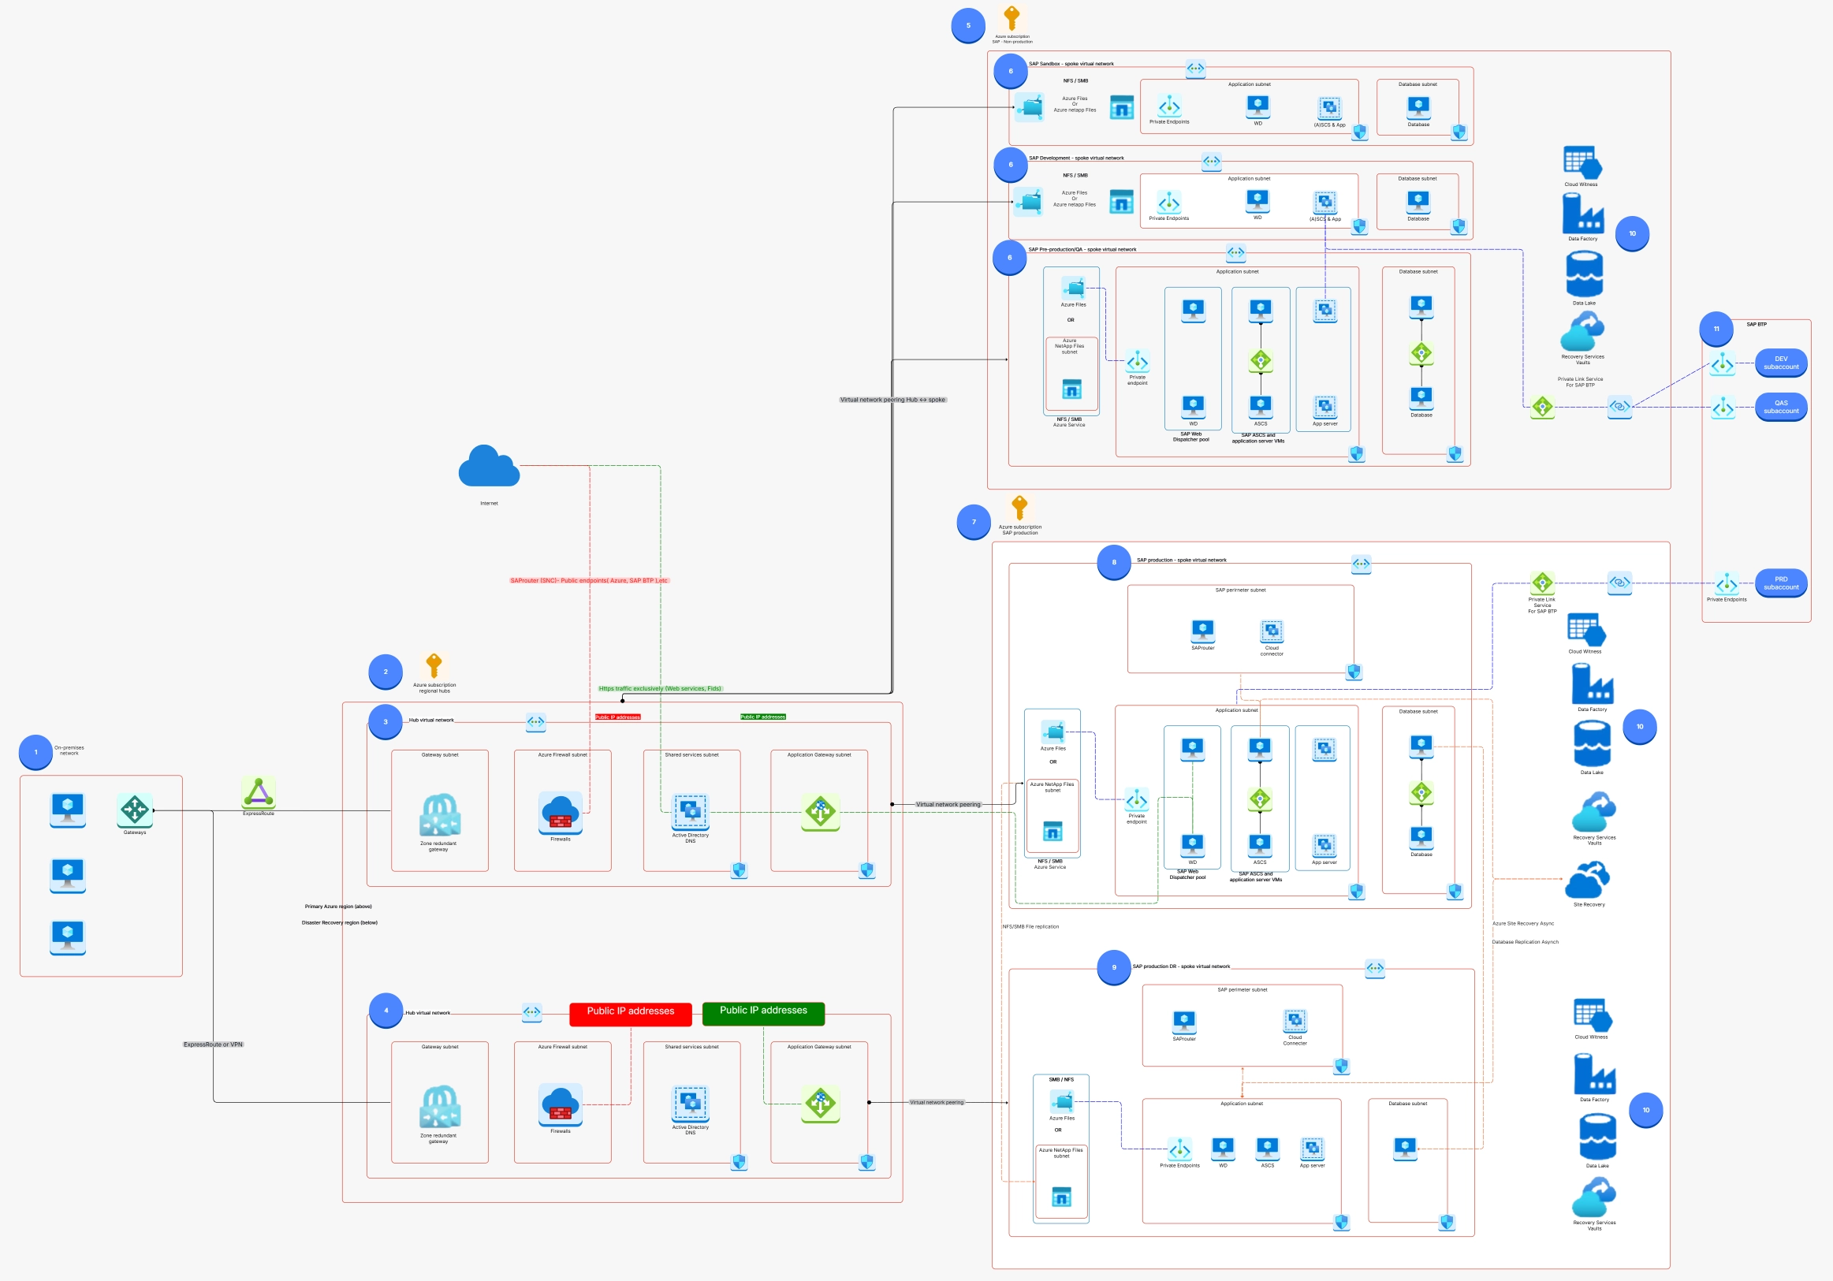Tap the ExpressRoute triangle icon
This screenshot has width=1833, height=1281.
click(259, 792)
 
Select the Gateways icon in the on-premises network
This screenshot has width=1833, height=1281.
click(134, 810)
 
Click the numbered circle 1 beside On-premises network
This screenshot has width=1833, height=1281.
click(36, 752)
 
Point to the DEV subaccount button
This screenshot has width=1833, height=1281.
click(1780, 363)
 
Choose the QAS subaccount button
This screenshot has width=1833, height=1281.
click(1780, 407)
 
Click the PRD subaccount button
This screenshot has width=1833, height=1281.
click(1780, 583)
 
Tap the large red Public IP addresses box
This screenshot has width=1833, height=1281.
click(630, 1011)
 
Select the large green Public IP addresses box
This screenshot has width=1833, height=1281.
click(762, 1011)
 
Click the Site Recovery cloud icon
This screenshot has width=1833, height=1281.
click(1588, 880)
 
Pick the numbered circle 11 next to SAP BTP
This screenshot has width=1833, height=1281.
click(1716, 329)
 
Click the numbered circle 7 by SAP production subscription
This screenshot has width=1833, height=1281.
click(973, 522)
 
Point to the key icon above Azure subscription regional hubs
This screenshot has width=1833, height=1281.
click(434, 665)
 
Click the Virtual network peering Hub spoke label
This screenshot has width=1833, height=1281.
click(892, 400)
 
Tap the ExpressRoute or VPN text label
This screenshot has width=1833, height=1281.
click(213, 1044)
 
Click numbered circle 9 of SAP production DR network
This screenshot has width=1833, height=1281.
click(1114, 967)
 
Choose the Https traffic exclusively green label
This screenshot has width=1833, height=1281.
click(659, 688)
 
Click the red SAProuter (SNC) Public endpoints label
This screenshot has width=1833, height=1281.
click(588, 580)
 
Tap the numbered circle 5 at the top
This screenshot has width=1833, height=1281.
click(967, 25)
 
